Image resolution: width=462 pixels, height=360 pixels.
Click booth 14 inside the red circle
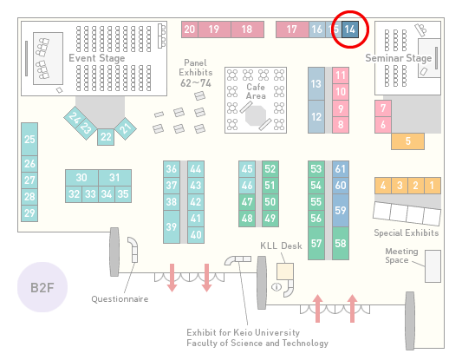pyautogui.click(x=350, y=29)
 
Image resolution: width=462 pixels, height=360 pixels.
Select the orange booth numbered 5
pyautogui.click(x=407, y=141)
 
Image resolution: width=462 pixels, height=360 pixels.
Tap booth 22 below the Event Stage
pyautogui.click(x=106, y=137)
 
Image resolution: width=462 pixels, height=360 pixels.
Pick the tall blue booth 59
pyautogui.click(x=341, y=210)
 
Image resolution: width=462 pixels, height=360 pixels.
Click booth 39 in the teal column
pyautogui.click(x=172, y=226)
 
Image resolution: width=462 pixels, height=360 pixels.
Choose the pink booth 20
pyautogui.click(x=190, y=29)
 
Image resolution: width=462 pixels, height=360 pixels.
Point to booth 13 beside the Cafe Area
pyautogui.click(x=316, y=84)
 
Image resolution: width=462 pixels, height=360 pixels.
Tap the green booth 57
pyautogui.click(x=316, y=243)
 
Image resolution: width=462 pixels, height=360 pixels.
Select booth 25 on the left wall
pyautogui.click(x=29, y=139)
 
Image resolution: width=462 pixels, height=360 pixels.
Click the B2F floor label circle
pyautogui.click(x=42, y=287)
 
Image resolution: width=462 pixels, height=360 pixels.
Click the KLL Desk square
pyautogui.click(x=285, y=272)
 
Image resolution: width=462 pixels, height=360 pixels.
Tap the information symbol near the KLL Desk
pyautogui.click(x=277, y=286)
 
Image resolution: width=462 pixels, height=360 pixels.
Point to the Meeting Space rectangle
pyautogui.click(x=433, y=266)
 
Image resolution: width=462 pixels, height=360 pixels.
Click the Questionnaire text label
pyautogui.click(x=120, y=299)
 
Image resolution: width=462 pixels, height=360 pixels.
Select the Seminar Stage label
pyautogui.click(x=399, y=58)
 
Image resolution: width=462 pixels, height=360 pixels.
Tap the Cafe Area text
pyautogui.click(x=256, y=91)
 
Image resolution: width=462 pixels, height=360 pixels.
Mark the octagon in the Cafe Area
pyautogui.click(x=256, y=116)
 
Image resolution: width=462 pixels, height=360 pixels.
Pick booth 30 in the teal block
pyautogui.click(x=81, y=178)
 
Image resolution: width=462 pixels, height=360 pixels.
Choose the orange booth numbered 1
pyautogui.click(x=433, y=186)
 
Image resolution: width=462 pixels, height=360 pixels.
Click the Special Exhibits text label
pyautogui.click(x=407, y=233)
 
